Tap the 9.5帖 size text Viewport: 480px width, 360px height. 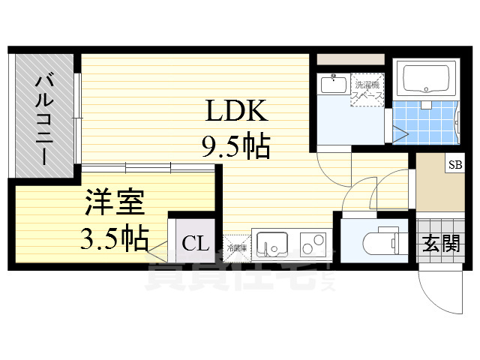pos(235,146)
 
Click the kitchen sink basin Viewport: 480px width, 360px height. pos(271,244)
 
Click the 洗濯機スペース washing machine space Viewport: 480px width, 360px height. pos(368,90)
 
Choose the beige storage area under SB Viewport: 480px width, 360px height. pos(439,191)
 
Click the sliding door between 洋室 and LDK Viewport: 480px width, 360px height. pos(150,166)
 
